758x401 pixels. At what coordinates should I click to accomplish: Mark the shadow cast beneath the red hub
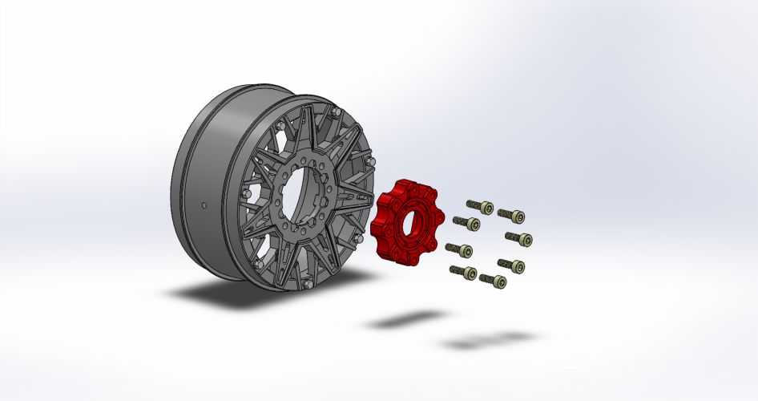coord(401,320)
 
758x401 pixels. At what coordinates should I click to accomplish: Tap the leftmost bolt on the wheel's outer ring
coord(243,193)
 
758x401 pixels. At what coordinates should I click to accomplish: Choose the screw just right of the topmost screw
coord(515,215)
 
